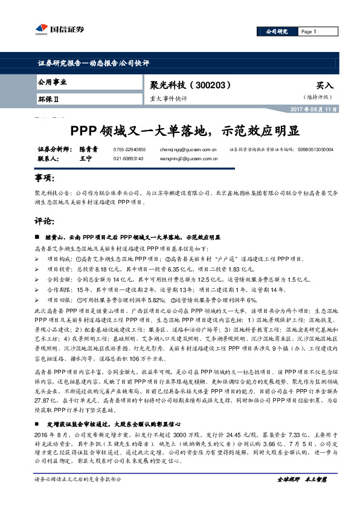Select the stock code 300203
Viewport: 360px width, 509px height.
[212, 86]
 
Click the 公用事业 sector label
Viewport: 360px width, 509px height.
[52, 82]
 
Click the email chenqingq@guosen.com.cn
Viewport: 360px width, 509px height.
[197, 149]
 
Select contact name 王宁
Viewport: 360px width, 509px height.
[85, 158]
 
